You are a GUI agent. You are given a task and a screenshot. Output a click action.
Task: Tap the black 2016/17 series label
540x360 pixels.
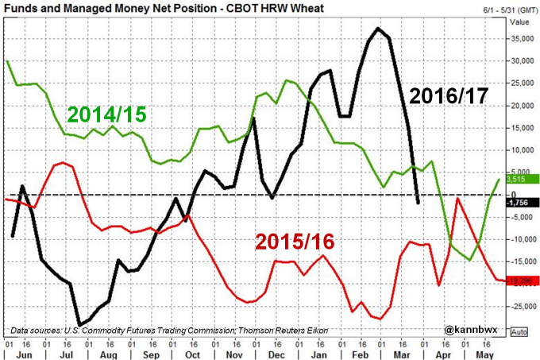(x=450, y=99)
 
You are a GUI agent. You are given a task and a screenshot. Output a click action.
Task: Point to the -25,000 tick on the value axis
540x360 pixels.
(x=521, y=306)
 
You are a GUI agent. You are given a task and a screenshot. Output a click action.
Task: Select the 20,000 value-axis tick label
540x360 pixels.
(x=520, y=105)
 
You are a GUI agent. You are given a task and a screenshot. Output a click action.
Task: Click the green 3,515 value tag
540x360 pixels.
(x=520, y=180)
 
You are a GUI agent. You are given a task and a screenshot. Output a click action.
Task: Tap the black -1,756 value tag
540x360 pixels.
(x=521, y=202)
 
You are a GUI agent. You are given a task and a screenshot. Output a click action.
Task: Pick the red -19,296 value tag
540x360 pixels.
(x=522, y=281)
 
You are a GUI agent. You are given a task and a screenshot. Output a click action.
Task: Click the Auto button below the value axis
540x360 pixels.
(x=520, y=331)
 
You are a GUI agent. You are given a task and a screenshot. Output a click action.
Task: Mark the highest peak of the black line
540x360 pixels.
(x=379, y=29)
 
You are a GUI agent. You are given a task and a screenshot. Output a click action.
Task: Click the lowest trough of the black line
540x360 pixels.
(x=79, y=324)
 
